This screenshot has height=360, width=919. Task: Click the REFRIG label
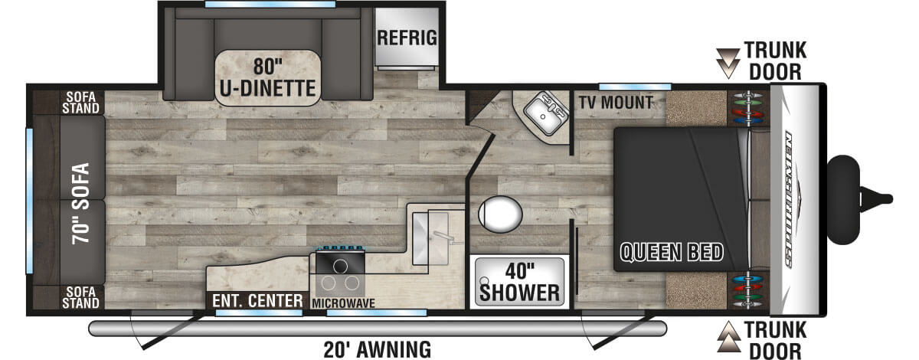coord(407,38)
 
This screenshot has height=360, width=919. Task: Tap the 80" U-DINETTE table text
coord(268,77)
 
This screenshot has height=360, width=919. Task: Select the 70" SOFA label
coord(81,204)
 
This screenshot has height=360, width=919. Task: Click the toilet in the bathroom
coord(500,214)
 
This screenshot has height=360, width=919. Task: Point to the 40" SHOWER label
coord(519,283)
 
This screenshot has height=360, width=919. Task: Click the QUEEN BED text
coord(672,252)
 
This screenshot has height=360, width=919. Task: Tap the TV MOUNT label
coord(616,103)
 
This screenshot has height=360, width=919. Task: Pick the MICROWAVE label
coord(343,303)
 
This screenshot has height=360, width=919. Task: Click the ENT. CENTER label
coord(257,301)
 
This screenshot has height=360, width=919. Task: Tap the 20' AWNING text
coord(377,350)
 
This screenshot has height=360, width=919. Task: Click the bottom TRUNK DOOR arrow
coord(728,336)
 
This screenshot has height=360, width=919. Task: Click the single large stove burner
coord(340,267)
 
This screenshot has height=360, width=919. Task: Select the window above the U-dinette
coord(270,4)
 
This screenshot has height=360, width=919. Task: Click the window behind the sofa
coord(30,201)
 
